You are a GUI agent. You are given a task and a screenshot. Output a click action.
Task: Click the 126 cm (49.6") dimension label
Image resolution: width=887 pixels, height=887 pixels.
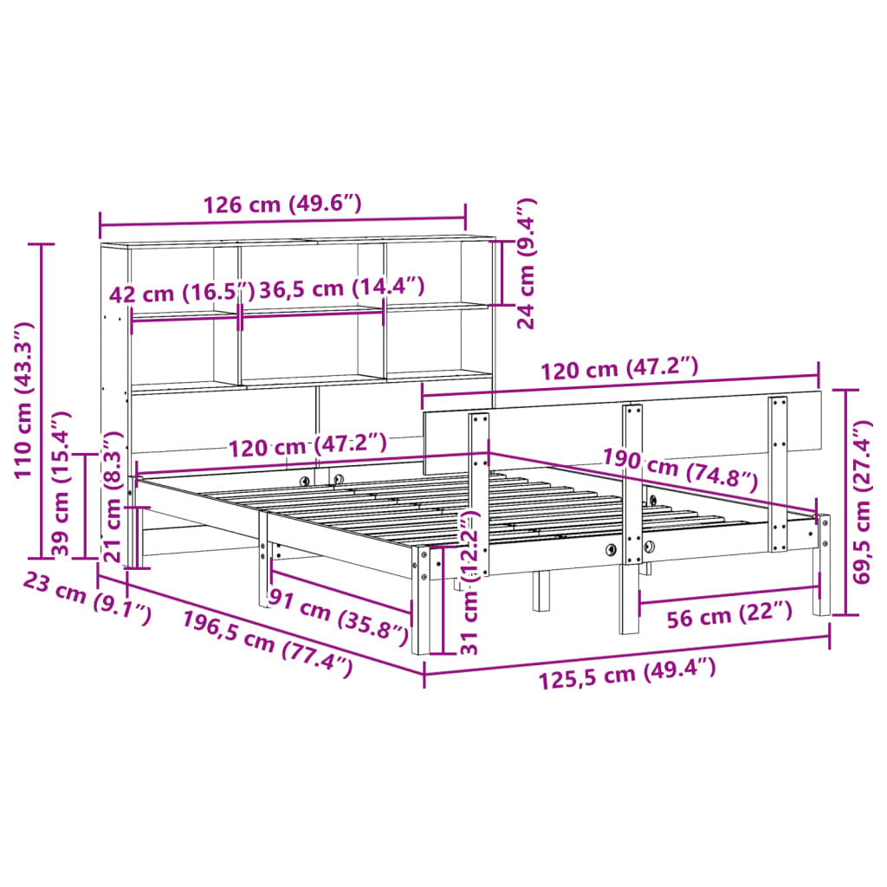click(282, 205)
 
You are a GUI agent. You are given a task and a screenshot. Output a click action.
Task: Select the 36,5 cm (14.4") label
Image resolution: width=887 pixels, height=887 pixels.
click(343, 288)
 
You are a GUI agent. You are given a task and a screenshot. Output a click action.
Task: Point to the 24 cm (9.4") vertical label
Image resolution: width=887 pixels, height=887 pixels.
click(527, 263)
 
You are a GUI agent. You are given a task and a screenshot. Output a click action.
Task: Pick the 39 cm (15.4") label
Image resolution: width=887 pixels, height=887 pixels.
click(59, 483)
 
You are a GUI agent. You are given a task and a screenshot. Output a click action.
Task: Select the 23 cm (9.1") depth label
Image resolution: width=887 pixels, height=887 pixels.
click(86, 599)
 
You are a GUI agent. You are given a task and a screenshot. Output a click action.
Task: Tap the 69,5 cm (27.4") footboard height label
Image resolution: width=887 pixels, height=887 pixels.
click(862, 502)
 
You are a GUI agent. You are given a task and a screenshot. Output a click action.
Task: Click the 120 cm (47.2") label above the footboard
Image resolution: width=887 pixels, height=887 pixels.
click(618, 371)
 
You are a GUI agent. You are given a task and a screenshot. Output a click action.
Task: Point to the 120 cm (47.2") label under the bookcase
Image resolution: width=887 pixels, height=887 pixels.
click(307, 445)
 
